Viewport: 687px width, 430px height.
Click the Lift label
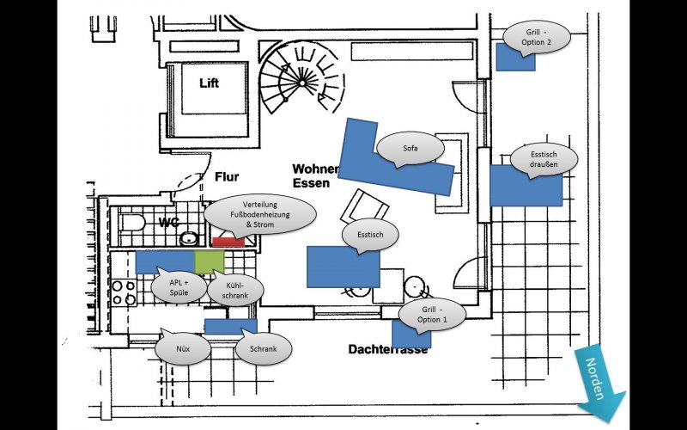[x=209, y=83]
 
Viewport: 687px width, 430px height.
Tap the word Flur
[x=227, y=177]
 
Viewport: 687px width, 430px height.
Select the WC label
[x=168, y=223]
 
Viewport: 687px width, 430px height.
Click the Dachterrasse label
[x=388, y=349]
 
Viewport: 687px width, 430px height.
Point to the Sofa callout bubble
[x=410, y=148]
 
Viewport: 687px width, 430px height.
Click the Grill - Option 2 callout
[x=536, y=37]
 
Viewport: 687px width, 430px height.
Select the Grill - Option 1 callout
[x=433, y=314]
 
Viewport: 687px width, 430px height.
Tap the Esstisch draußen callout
[x=544, y=159]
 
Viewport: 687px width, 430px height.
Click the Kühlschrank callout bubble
[x=235, y=290]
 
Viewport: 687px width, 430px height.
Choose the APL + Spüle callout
[x=179, y=287]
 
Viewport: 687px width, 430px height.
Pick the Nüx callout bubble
[x=183, y=348]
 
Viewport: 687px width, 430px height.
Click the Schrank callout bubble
[x=264, y=348]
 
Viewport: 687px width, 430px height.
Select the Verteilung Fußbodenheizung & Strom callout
[x=260, y=214]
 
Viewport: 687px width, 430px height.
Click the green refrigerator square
[x=210, y=262]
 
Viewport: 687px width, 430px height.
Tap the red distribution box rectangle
[x=228, y=242]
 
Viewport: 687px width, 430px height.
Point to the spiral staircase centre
[x=302, y=82]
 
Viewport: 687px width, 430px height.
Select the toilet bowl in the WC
[x=133, y=223]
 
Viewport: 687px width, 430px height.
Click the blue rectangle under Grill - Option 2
[x=516, y=57]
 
